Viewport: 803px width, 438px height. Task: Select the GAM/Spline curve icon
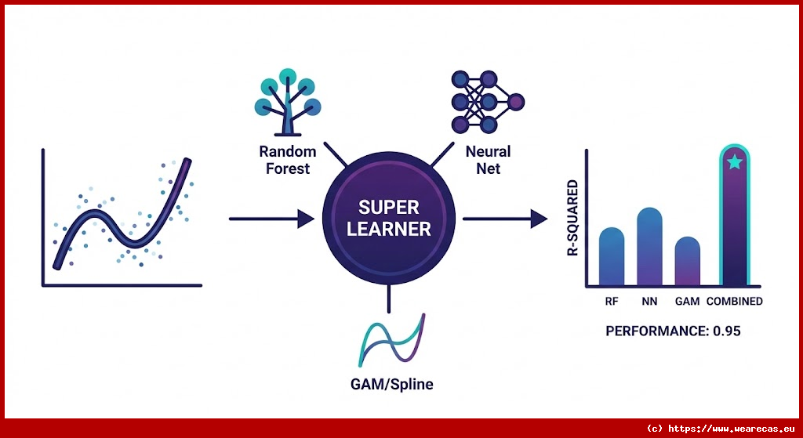point(391,342)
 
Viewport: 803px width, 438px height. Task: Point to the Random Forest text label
point(288,159)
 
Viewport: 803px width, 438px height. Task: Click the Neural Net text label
point(488,159)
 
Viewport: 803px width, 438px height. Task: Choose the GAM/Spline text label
point(392,385)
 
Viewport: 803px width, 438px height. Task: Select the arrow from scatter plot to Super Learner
point(270,219)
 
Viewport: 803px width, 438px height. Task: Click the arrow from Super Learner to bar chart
point(505,219)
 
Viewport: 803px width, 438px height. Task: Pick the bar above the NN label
point(649,247)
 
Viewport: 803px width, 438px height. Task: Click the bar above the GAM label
point(687,262)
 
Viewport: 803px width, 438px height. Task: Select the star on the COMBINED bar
point(735,163)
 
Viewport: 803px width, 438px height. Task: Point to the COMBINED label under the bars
point(735,301)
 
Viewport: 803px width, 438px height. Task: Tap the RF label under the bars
point(612,301)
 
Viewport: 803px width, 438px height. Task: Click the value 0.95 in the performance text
point(727,331)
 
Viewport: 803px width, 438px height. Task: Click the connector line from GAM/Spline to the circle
point(389,297)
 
